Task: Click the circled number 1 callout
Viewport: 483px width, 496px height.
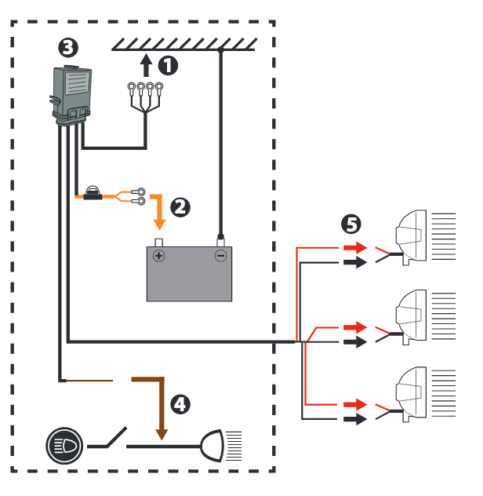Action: [x=168, y=65]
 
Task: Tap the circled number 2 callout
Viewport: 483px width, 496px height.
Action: [x=180, y=207]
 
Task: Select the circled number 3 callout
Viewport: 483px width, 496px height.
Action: [x=68, y=48]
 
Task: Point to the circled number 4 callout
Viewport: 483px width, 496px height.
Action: [x=180, y=404]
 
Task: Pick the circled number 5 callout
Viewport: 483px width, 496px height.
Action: [x=350, y=224]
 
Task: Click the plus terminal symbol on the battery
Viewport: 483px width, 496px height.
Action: [x=159, y=256]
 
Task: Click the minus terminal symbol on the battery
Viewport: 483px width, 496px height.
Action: [x=220, y=256]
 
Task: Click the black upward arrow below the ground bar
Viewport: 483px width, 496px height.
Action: [x=146, y=65]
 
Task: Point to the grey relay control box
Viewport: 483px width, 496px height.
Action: [x=71, y=95]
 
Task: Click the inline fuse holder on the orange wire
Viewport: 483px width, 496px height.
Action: [x=93, y=193]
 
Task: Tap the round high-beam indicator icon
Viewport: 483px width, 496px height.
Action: [x=64, y=446]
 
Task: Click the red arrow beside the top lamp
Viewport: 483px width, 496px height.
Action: [x=355, y=247]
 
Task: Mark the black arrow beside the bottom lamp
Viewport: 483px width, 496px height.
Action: [x=355, y=419]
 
